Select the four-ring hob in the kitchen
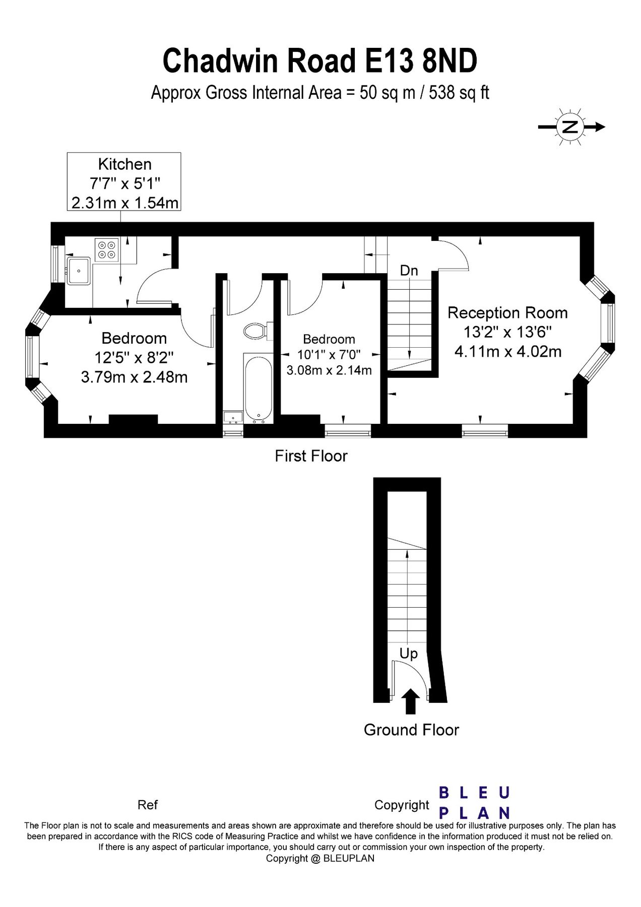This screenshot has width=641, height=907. [x=106, y=249]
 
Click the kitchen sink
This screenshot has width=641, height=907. [x=79, y=271]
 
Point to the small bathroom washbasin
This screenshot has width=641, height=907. [x=233, y=417]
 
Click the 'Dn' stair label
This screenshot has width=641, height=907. [x=409, y=271]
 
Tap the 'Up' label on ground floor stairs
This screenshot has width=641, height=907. [x=408, y=654]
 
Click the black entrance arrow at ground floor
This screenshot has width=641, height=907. [x=411, y=701]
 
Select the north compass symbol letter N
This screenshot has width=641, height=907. [x=570, y=127]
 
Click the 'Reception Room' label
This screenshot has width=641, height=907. [x=507, y=313]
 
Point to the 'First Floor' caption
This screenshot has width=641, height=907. [x=311, y=456]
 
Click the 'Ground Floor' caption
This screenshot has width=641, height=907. [x=411, y=730]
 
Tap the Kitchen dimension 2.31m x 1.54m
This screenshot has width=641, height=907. [x=125, y=203]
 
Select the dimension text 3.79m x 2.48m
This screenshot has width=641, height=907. [x=134, y=377]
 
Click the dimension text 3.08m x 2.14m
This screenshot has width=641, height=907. [x=329, y=370]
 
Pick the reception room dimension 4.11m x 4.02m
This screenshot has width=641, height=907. [x=508, y=351]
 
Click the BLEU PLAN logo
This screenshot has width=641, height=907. [x=474, y=803]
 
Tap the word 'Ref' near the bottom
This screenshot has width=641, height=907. [x=148, y=805]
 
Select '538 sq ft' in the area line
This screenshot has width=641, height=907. [x=459, y=93]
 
